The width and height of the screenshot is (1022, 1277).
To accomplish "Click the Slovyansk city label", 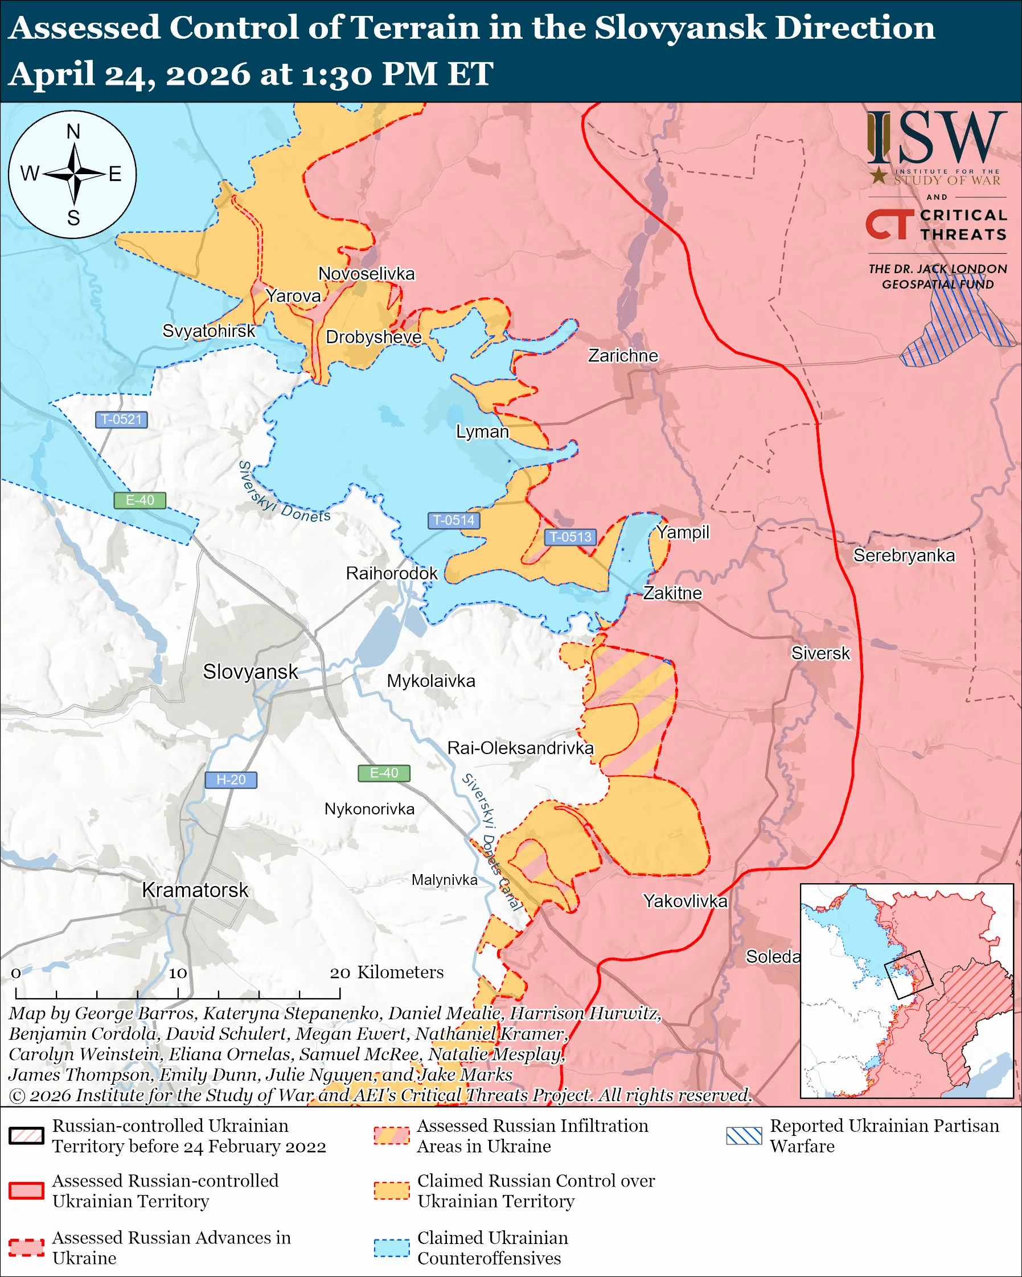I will click(x=250, y=672).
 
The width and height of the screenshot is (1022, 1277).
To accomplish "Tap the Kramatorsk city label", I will click(x=195, y=889).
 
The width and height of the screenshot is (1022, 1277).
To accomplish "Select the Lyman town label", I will click(x=482, y=431).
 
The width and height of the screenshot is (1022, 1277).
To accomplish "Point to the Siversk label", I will click(x=820, y=653).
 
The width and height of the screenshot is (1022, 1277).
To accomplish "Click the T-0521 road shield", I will click(x=121, y=419).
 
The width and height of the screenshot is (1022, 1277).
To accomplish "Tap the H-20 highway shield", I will click(x=231, y=780).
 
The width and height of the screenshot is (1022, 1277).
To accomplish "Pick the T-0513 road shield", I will click(x=570, y=537).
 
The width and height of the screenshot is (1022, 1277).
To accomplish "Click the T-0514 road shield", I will click(x=453, y=520).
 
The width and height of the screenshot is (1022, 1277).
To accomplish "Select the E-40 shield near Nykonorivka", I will click(x=384, y=773).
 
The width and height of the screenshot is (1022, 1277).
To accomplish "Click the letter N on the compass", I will click(x=73, y=131).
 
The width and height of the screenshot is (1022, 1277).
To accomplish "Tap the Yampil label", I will click(x=683, y=532).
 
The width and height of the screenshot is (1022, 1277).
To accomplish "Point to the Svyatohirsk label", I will click(x=208, y=331).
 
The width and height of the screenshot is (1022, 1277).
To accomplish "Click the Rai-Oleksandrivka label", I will click(x=520, y=748).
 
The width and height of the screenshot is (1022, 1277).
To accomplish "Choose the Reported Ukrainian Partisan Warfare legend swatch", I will click(x=744, y=1135).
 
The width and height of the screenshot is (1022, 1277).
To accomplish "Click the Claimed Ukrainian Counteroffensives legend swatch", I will click(x=392, y=1247).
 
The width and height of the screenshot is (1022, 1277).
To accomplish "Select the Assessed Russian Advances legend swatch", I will click(x=27, y=1247).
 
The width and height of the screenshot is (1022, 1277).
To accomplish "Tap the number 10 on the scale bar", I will click(x=178, y=973).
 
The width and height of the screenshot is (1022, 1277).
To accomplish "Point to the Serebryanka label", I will click(x=904, y=555).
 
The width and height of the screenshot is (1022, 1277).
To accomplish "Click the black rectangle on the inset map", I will click(x=908, y=975).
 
